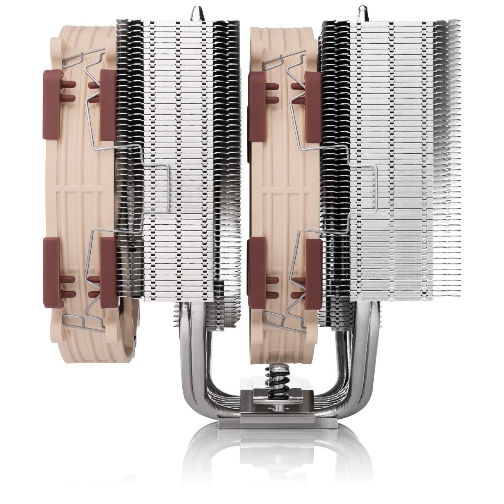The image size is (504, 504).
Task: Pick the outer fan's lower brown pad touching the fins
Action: (108, 269)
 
